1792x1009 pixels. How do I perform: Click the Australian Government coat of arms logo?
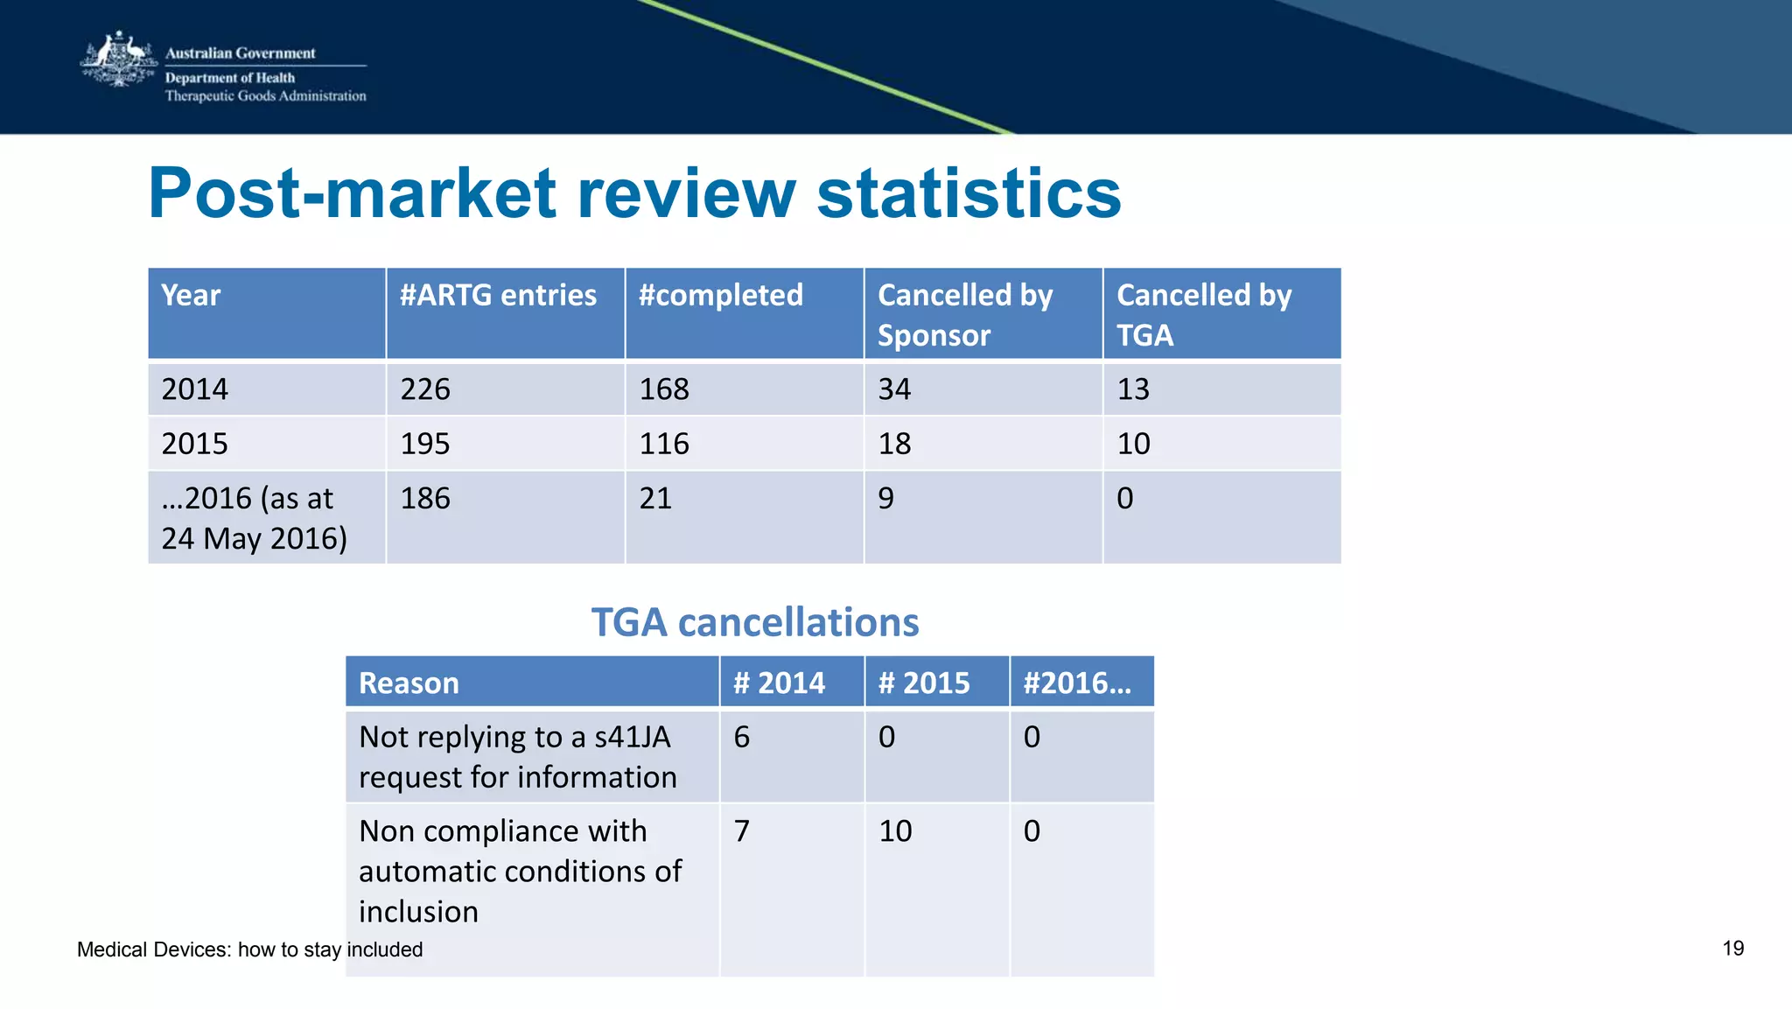118,61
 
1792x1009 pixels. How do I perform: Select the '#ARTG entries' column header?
498,296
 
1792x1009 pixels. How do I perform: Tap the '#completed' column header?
720,296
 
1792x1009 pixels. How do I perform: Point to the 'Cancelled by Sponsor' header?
964,315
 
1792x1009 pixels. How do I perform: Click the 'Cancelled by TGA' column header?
1203,315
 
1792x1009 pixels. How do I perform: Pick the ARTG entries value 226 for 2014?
425,389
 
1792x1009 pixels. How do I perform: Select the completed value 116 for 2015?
664,444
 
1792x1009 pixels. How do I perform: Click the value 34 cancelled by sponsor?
894,389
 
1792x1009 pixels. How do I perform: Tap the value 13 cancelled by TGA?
1133,389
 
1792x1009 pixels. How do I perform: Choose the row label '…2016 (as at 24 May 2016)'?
254,518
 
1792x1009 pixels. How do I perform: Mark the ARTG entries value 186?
425,499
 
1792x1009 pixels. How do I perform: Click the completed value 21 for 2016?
655,499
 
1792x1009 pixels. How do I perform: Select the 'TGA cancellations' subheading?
755,622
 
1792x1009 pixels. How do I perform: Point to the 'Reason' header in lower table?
409,683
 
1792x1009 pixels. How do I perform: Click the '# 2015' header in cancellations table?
924,683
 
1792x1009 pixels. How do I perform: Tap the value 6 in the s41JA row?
742,738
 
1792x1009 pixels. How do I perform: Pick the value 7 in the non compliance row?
742,831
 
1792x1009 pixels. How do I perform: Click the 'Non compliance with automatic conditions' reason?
520,871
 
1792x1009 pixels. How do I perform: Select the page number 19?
1732,949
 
